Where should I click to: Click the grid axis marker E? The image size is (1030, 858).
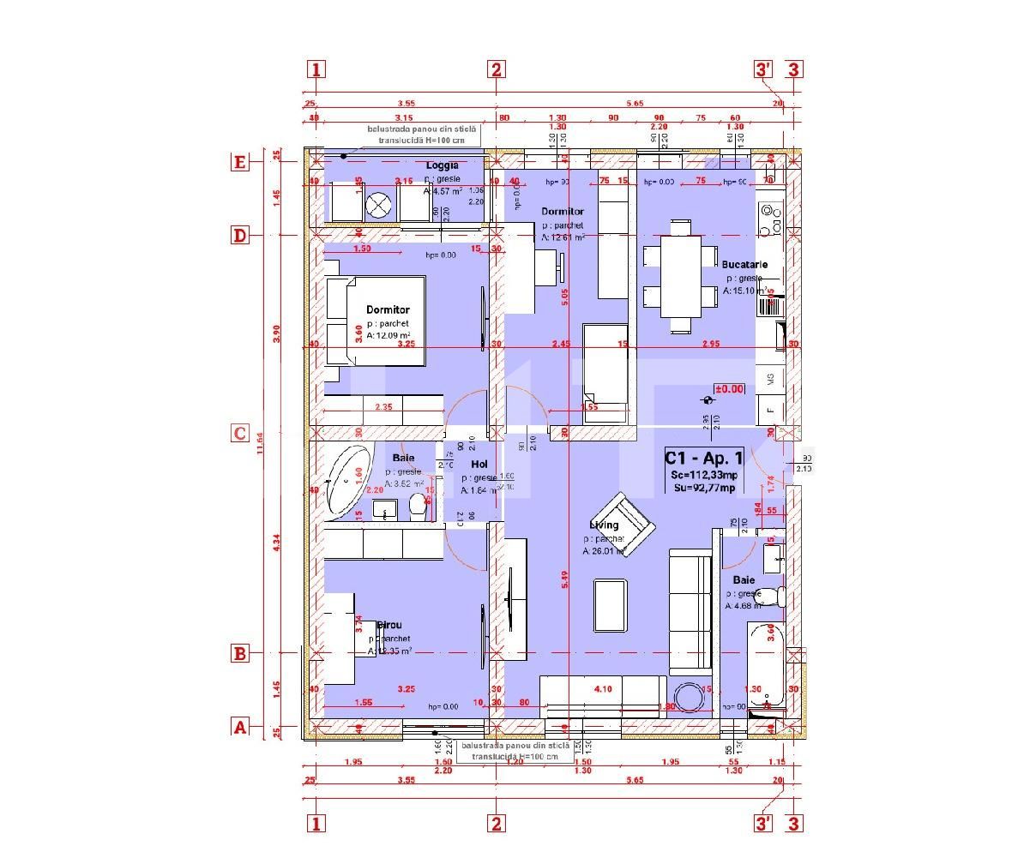tap(240, 162)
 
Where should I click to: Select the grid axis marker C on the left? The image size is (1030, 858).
tap(240, 433)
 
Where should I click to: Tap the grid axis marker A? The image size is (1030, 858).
tap(240, 727)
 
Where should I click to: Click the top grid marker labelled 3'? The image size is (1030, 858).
tap(763, 69)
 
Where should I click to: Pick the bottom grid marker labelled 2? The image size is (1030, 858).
tap(496, 824)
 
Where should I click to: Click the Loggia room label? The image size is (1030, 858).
tap(442, 165)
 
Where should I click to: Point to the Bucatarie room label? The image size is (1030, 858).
tap(744, 266)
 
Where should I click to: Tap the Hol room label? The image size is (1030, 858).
tap(479, 465)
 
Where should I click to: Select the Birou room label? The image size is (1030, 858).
tap(389, 626)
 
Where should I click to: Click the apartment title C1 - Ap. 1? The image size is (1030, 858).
tap(703, 459)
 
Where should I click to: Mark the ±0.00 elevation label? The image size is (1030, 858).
tap(729, 388)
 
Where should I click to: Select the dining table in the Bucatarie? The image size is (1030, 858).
tap(680, 276)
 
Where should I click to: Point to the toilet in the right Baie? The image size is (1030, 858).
tap(772, 596)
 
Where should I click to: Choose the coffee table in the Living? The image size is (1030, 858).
tap(611, 604)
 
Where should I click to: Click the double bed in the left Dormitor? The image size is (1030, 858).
tap(377, 320)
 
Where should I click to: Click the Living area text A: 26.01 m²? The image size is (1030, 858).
tap(605, 552)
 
